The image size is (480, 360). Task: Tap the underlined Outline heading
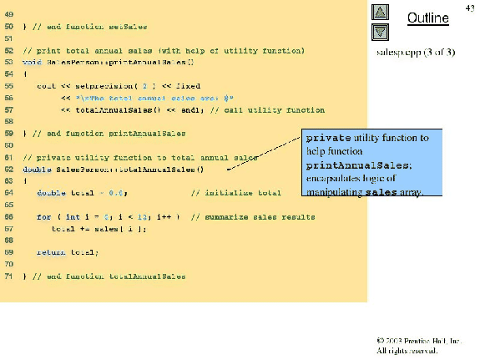[x=422, y=18]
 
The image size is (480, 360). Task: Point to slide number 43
[x=469, y=7]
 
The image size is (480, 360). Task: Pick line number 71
[x=7, y=276]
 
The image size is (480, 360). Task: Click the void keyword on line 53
[x=32, y=63]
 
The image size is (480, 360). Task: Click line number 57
[x=7, y=109]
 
